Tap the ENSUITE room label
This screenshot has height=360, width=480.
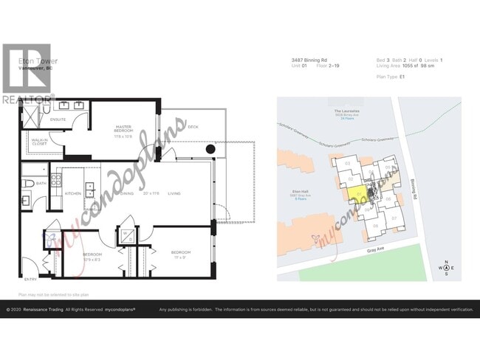coord(58,119)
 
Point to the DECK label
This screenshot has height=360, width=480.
coord(193,127)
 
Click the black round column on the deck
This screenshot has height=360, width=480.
coord(210,149)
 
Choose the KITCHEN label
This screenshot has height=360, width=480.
coord(73,193)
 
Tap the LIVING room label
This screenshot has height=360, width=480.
coord(174,193)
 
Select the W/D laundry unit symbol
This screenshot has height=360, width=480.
coord(127,236)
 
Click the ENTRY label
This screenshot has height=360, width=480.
coord(30,280)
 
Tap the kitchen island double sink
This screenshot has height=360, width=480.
coord(89,191)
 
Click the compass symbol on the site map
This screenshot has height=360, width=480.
coord(446,268)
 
